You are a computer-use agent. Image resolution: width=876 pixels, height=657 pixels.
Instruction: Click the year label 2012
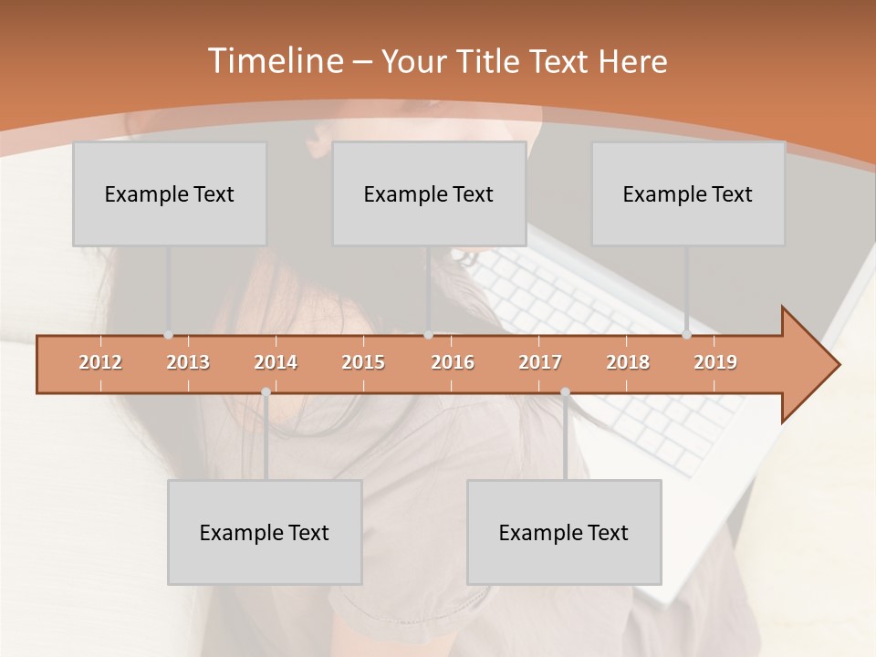coord(100,362)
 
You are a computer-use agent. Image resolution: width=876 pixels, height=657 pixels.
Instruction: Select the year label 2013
coord(188,362)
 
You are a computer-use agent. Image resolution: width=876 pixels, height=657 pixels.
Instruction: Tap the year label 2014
coord(276,362)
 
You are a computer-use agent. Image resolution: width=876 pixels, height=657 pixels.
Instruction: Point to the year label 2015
coord(363,362)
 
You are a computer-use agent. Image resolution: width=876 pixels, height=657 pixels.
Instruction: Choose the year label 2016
coord(453,362)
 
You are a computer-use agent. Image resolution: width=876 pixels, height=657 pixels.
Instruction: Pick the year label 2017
coord(540,362)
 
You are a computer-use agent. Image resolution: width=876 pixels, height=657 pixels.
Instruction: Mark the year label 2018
coord(628,362)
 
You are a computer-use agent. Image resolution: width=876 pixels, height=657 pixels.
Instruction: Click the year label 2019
coord(715,362)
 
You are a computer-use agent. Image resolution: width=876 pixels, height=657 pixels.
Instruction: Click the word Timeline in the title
coord(274,61)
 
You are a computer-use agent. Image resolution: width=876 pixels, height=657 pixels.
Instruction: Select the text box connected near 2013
coord(170,193)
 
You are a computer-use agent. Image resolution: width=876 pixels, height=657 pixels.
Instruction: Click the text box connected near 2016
coord(429,193)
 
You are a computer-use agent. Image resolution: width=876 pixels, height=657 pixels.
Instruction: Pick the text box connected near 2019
coord(688,193)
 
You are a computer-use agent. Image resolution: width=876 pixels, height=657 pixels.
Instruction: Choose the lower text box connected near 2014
coord(265,532)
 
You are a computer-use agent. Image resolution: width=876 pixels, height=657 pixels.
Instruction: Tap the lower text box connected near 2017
coord(564,532)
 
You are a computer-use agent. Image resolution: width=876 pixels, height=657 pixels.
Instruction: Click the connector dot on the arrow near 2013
coord(168,335)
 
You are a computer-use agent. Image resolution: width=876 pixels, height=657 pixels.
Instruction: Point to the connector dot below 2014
coord(266,392)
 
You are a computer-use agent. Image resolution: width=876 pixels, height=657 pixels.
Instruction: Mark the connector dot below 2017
coord(565,392)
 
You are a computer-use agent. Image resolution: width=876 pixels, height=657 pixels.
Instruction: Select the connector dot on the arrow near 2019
coord(686,335)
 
